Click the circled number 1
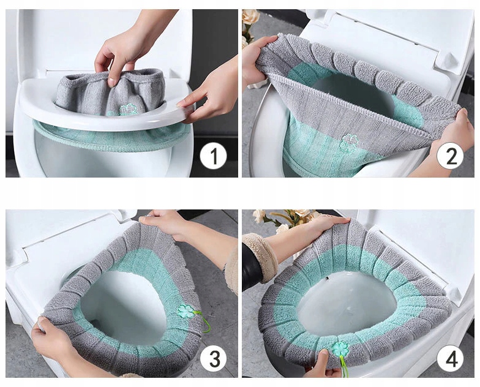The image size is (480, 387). tap(213, 156)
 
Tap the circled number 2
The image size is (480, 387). tap(451, 156)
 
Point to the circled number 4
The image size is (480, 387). tap(451, 359)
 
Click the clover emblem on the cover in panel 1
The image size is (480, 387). tap(129, 110)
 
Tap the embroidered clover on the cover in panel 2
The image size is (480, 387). tap(349, 143)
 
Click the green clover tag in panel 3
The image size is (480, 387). tap(186, 311)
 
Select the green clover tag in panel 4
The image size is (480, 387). tap(340, 350)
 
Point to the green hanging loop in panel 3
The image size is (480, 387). tap(204, 321)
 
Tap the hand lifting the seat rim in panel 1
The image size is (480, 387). tap(211, 89)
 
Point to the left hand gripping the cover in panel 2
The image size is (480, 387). tap(257, 61)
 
